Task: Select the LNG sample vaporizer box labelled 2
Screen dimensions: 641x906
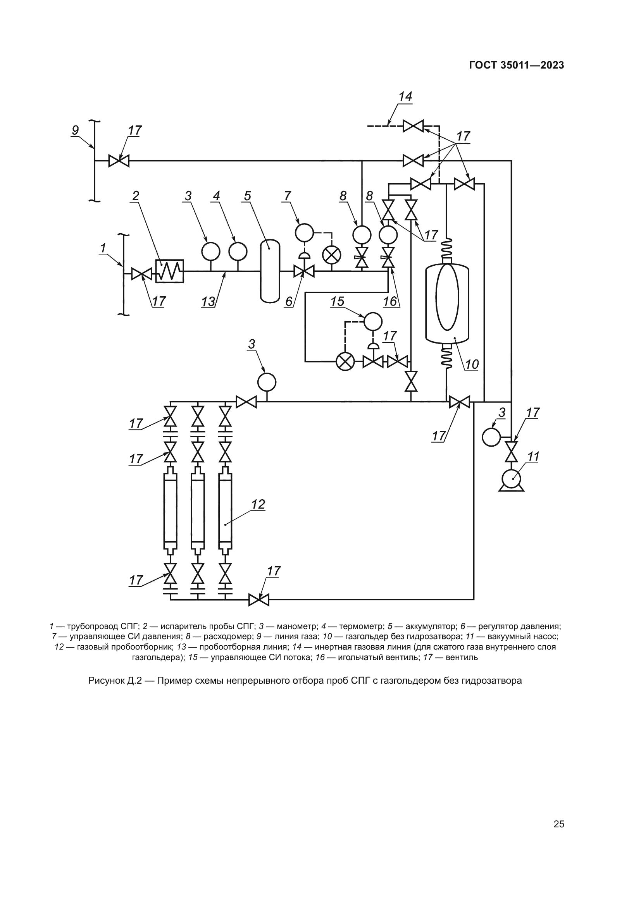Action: pyautogui.click(x=169, y=271)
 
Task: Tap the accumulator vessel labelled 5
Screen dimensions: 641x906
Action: pyautogui.click(x=270, y=272)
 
